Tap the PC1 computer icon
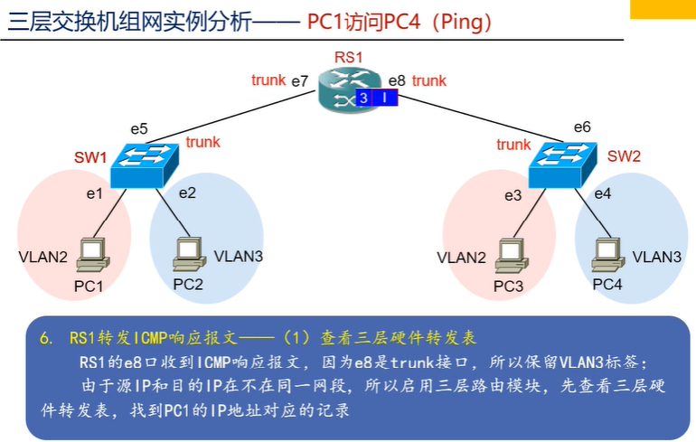[91, 255]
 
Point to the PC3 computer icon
[510, 255]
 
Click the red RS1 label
[348, 58]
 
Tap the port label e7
[300, 81]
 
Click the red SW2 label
[624, 156]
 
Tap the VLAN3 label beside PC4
[657, 257]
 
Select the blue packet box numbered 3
[363, 98]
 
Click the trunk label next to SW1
[202, 142]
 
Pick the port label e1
[94, 193]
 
